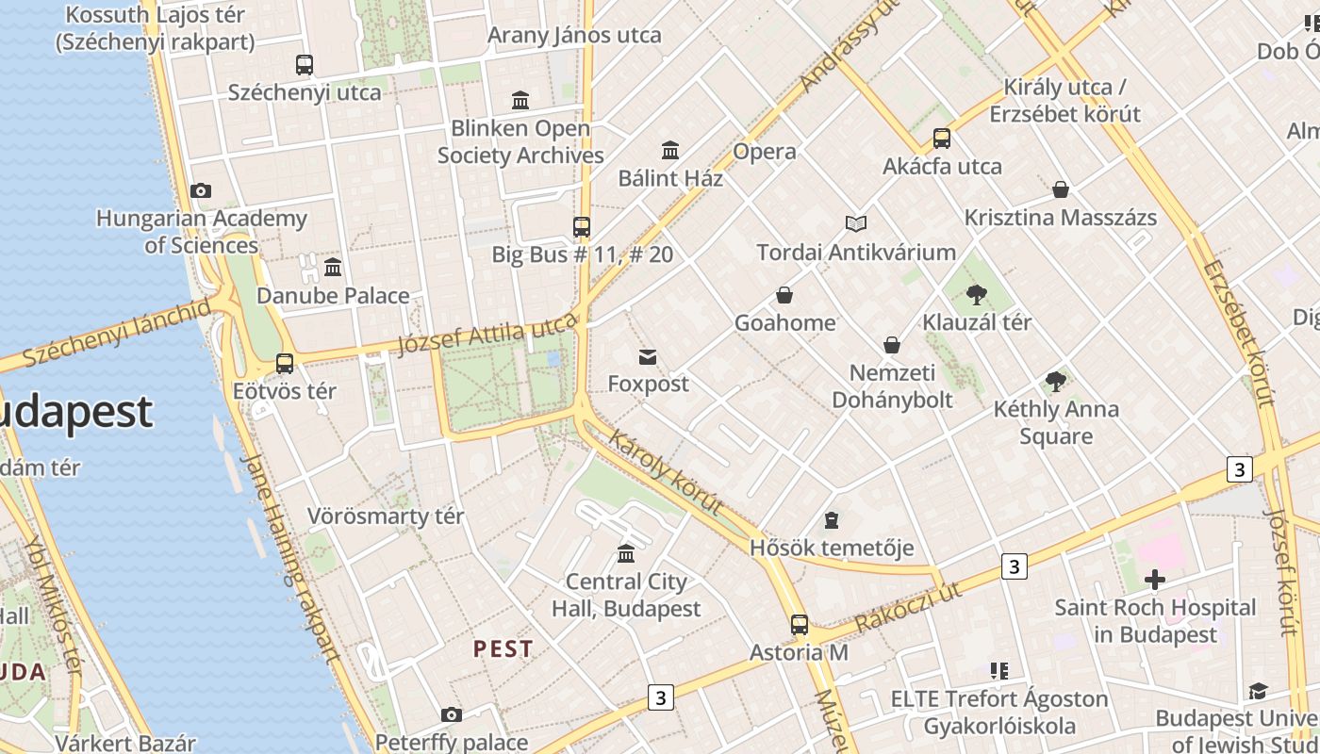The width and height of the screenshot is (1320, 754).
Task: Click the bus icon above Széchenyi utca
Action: (x=304, y=65)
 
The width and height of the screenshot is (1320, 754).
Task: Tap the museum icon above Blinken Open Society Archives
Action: (x=520, y=100)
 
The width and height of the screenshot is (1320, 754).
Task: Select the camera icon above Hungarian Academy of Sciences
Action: (x=200, y=191)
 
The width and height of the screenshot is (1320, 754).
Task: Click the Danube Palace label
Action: (x=333, y=296)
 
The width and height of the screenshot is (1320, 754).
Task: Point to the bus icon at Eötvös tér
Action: (x=285, y=363)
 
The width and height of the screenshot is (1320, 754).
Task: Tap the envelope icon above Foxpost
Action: (x=648, y=357)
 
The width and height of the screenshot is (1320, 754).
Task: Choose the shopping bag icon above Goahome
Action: (x=784, y=296)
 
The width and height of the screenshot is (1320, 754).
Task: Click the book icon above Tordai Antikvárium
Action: (x=855, y=224)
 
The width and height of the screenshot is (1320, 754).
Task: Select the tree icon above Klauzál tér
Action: (x=977, y=295)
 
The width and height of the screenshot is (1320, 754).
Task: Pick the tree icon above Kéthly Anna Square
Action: (x=1056, y=382)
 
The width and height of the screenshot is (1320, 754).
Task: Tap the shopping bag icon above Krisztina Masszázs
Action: (x=1061, y=190)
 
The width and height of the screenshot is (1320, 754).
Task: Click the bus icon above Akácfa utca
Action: (x=942, y=139)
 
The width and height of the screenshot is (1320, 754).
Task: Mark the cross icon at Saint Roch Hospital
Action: (x=1154, y=580)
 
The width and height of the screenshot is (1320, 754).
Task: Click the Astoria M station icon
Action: (x=799, y=624)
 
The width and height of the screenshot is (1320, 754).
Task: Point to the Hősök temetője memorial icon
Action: (x=832, y=520)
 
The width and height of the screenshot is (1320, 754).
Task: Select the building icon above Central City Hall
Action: (x=626, y=553)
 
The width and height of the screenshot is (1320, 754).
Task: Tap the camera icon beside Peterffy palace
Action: (x=452, y=715)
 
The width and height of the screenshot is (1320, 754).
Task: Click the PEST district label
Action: (x=503, y=649)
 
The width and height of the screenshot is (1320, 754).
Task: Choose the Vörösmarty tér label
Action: (x=386, y=516)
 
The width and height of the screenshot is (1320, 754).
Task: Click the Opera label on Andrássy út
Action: (x=765, y=152)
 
